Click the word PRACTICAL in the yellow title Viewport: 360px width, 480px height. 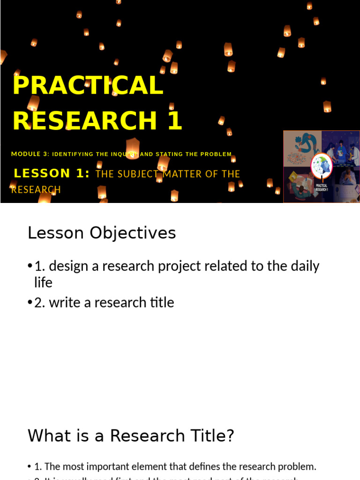[88, 85]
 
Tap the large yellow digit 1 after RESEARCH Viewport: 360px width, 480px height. [173, 120]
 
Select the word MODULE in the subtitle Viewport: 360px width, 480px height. [26, 154]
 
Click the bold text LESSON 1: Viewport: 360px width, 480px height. [52, 173]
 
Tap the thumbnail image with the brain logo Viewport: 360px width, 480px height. [322, 166]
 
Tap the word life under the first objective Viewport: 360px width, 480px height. [43, 283]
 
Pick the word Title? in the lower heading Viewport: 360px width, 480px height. [210, 436]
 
